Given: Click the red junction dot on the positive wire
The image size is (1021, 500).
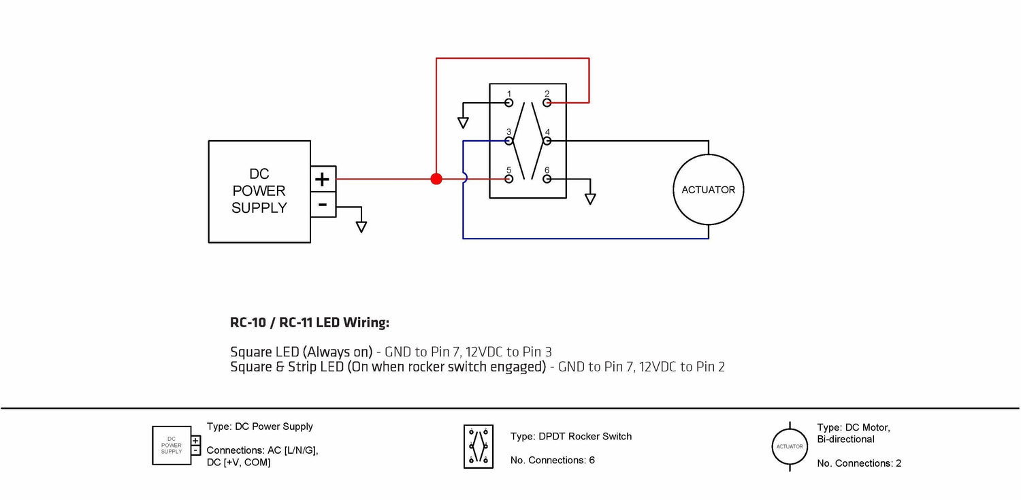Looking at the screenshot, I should pyautogui.click(x=436, y=179).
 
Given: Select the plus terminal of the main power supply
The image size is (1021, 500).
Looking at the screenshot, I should pyautogui.click(x=323, y=179).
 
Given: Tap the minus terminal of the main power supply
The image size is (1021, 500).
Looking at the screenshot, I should pyautogui.click(x=323, y=204).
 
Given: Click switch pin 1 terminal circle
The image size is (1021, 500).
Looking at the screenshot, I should pyautogui.click(x=508, y=103).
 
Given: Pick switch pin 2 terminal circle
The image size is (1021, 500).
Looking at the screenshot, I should pyautogui.click(x=547, y=103).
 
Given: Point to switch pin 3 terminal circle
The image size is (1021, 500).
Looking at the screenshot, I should pyautogui.click(x=508, y=141).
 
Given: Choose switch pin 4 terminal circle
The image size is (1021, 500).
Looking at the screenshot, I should pyautogui.click(x=547, y=141).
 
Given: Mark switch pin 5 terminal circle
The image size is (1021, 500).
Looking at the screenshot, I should pyautogui.click(x=508, y=179).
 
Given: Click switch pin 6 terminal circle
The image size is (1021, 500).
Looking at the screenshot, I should pyautogui.click(x=547, y=179).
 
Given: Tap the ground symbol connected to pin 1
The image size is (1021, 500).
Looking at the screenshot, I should pyautogui.click(x=463, y=122).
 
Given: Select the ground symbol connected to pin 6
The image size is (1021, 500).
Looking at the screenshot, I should pyautogui.click(x=590, y=199).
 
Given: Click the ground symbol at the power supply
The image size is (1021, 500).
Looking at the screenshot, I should pyautogui.click(x=361, y=227).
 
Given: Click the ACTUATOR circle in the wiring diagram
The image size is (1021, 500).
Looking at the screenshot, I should pyautogui.click(x=709, y=190).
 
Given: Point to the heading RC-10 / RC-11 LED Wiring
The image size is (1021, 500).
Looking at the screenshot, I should pyautogui.click(x=310, y=322).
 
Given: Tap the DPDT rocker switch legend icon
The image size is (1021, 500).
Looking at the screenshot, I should pyautogui.click(x=479, y=447).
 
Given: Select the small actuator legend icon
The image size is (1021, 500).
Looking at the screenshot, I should pyautogui.click(x=790, y=446).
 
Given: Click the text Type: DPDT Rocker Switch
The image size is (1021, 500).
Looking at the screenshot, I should pyautogui.click(x=570, y=436).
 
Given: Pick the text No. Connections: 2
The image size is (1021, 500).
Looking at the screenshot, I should pyautogui.click(x=859, y=463).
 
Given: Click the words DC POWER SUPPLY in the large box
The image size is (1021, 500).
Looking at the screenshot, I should pyautogui.click(x=259, y=191).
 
